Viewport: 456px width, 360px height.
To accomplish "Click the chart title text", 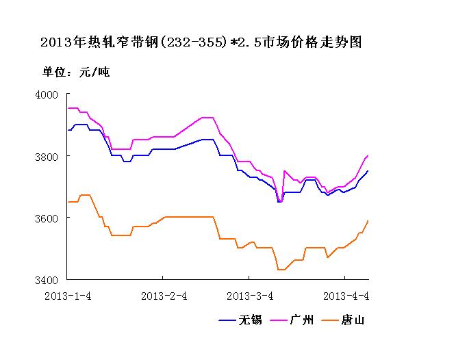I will pyautogui.click(x=201, y=43).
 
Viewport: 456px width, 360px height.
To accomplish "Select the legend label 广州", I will pyautogui.click(x=302, y=320).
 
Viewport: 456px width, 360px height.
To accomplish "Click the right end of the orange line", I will pyautogui.click(x=368, y=220).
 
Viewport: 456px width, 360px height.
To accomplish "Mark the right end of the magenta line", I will pyautogui.click(x=368, y=156).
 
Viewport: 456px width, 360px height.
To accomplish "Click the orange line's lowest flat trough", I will pyautogui.click(x=281, y=270).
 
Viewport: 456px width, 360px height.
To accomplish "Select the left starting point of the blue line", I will pyautogui.click(x=67, y=130).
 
